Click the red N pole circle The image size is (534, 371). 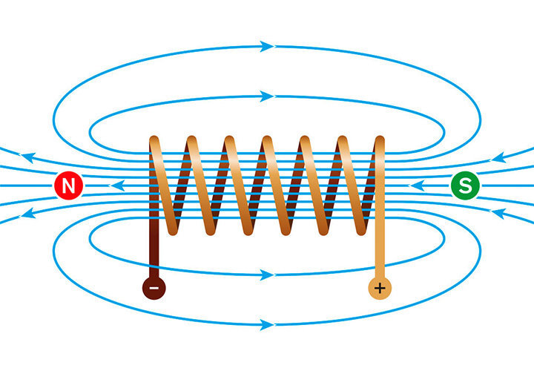(69, 185)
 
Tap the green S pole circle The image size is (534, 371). (465, 185)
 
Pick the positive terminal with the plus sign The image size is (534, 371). (380, 288)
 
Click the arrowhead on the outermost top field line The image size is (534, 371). (268, 47)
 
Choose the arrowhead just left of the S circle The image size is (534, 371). (418, 185)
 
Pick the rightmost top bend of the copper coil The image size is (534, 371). (379, 140)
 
